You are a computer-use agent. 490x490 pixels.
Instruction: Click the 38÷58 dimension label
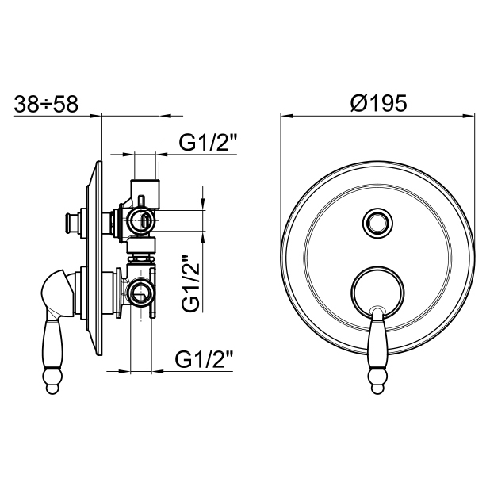[46, 104]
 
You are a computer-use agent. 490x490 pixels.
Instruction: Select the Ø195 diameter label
[378, 103]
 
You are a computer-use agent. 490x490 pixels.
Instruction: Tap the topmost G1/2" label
[208, 143]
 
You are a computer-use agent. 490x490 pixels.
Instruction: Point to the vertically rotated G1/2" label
[191, 283]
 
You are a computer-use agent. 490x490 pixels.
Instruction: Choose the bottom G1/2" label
[204, 360]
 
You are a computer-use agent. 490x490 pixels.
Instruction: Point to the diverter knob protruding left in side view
[71, 223]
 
